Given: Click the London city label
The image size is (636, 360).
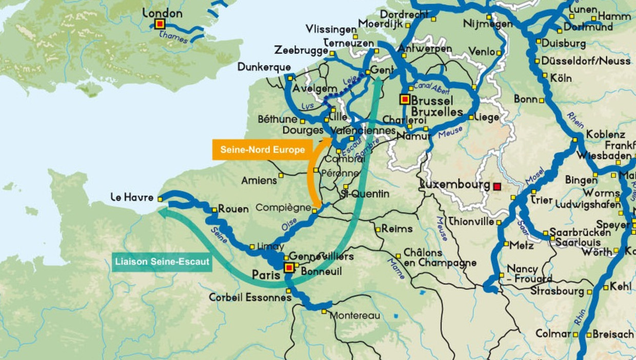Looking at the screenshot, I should [162, 13].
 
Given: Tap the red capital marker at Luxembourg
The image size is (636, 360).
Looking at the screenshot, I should [496, 187].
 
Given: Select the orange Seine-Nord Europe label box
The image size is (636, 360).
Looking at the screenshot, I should [263, 150].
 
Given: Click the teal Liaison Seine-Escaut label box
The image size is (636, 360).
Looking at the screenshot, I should [162, 262].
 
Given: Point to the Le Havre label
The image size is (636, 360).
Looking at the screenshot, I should [132, 197].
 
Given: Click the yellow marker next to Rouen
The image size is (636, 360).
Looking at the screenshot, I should [215, 209].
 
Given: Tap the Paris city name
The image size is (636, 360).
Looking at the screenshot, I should [266, 275].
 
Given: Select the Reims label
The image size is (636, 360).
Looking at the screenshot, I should [397, 229].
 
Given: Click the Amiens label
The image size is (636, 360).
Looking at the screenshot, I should [259, 181].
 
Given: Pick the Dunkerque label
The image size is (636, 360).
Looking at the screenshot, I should [264, 67].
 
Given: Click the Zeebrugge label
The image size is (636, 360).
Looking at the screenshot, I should [301, 50].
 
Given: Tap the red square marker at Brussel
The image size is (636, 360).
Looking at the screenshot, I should [405, 99].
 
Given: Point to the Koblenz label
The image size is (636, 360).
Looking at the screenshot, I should [606, 134].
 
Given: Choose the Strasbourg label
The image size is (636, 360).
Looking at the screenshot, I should [558, 291].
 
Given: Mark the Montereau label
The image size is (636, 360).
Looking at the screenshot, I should [354, 315].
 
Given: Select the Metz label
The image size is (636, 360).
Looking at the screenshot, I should [522, 245].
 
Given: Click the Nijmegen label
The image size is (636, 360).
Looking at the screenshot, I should [488, 24].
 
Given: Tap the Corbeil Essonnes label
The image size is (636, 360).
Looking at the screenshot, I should [250, 297].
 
